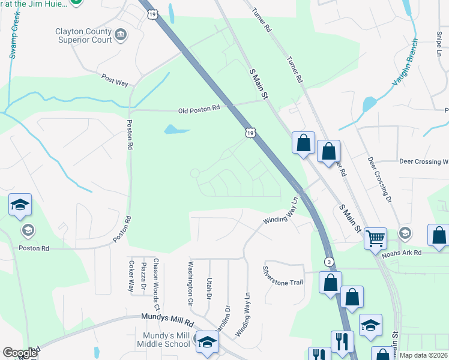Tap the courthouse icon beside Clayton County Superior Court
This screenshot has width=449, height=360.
pyautogui.click(x=121, y=34)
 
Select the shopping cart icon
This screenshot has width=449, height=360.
pyautogui.click(x=375, y=238)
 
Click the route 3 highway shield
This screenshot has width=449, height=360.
pyautogui.click(x=329, y=262)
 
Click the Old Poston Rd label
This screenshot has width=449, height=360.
pyautogui.click(x=199, y=110)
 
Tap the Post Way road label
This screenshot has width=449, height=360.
pyautogui.click(x=115, y=80)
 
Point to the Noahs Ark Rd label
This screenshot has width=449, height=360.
pyautogui.click(x=402, y=253)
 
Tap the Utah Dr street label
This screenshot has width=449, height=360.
pyautogui.click(x=209, y=287)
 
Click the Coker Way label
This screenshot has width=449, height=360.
pyautogui.click(x=131, y=276)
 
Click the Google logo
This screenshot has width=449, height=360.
pyautogui.click(x=20, y=353)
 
